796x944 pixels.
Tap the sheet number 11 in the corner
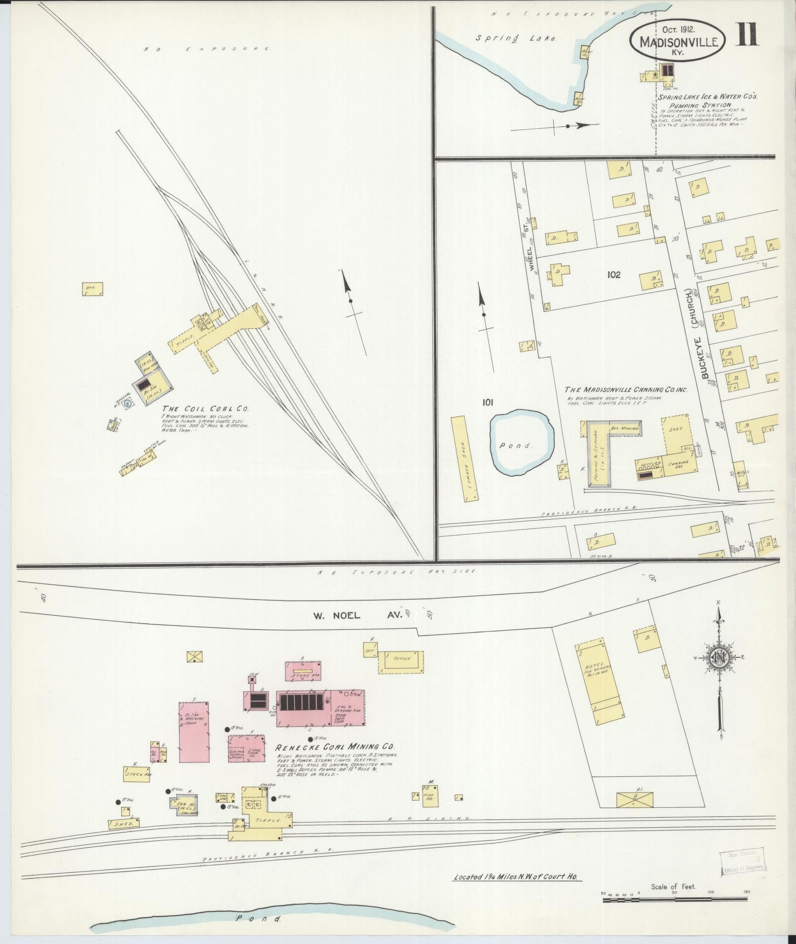748,34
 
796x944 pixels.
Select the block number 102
614,275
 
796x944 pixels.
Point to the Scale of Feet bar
675,900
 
